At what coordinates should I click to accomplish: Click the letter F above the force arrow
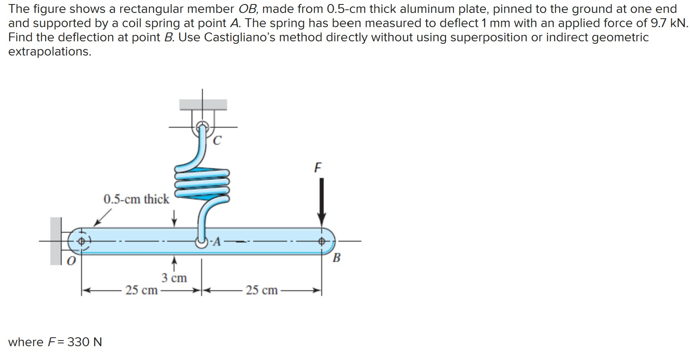318,167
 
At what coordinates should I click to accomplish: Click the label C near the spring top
217,141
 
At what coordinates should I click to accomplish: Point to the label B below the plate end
336,258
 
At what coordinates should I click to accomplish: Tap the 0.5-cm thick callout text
136,199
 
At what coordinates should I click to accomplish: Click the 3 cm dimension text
174,278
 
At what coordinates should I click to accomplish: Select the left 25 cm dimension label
141,290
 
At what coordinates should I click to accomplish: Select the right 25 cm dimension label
262,290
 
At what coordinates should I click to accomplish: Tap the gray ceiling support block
203,105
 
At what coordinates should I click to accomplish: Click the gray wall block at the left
55,241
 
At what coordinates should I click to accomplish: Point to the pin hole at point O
82,242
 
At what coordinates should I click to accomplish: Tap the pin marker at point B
321,242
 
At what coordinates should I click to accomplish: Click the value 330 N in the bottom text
84,342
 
